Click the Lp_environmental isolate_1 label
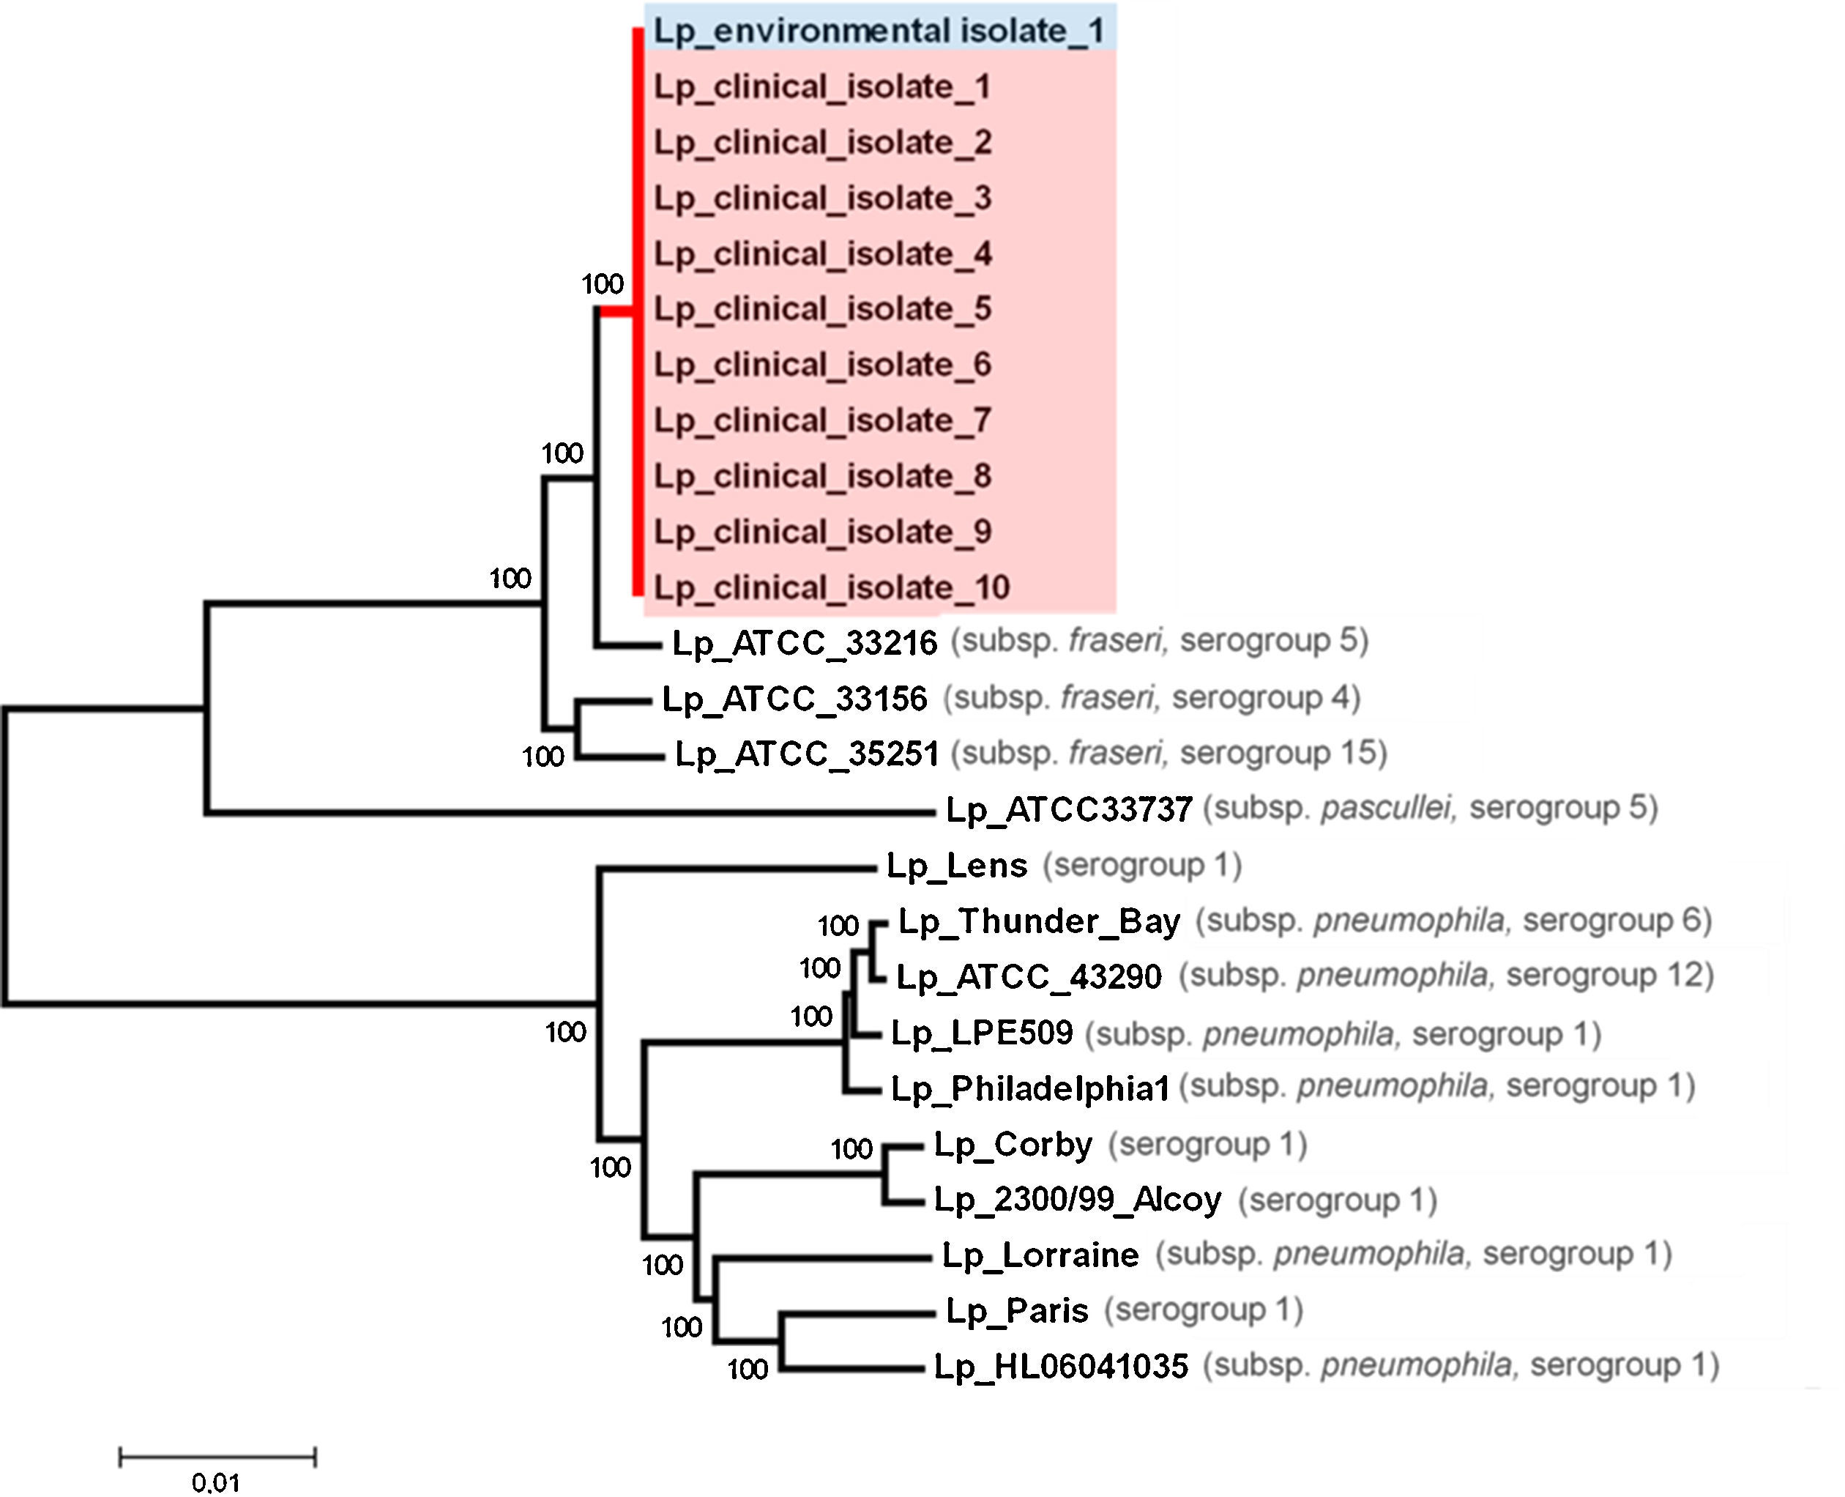[x=879, y=31]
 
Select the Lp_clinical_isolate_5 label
[x=822, y=309]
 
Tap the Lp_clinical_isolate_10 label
[x=831, y=587]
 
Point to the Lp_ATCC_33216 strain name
[x=803, y=643]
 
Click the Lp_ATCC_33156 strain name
[x=794, y=699]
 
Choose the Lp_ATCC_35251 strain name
[x=806, y=754]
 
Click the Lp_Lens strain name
[x=957, y=865]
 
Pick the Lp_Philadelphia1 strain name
[x=1029, y=1088]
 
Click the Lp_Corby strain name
[x=1013, y=1144]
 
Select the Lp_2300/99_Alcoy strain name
[x=1078, y=1200]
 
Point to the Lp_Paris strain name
[x=1018, y=1311]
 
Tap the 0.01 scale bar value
[x=215, y=1482]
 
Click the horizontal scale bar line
[x=217, y=1457]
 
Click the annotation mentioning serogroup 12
[x=1446, y=976]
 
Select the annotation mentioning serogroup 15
[x=1169, y=753]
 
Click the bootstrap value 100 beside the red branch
[x=602, y=283]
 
